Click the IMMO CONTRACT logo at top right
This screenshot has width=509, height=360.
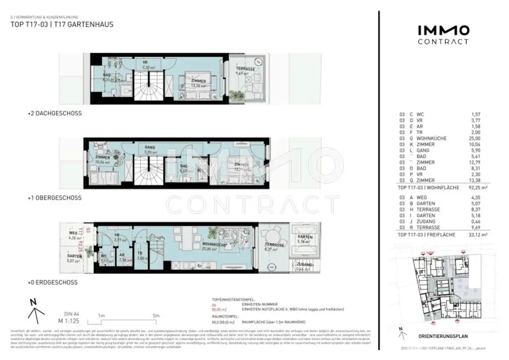[x=442, y=34]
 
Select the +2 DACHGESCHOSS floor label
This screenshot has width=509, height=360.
[x=55, y=113]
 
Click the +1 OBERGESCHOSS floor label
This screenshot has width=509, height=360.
[x=55, y=198]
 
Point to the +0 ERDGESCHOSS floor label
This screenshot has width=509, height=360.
[x=53, y=282]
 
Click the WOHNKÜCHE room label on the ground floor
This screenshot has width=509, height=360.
[x=214, y=245]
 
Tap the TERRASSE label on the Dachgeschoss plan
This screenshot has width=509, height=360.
[x=245, y=69]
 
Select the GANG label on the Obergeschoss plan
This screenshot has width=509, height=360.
[x=150, y=148]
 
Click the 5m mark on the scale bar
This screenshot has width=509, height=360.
[x=156, y=316]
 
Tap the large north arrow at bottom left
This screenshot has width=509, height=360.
[x=33, y=309]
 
